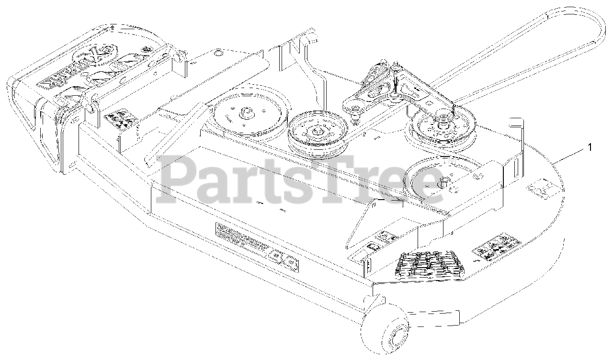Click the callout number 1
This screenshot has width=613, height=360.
coord(590,147)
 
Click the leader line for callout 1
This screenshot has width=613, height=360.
coord(570,156)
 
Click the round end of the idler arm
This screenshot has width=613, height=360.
coord(350,101)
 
